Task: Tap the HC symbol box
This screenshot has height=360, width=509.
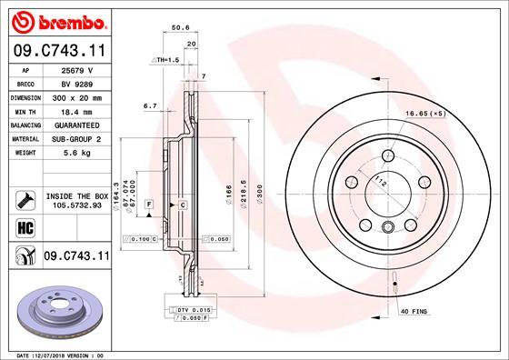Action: tap(25, 226)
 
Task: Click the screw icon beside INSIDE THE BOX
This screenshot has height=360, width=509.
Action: tap(25, 199)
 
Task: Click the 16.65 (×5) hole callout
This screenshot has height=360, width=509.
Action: tap(425, 114)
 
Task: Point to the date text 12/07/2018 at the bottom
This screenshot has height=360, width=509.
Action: tap(62, 355)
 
